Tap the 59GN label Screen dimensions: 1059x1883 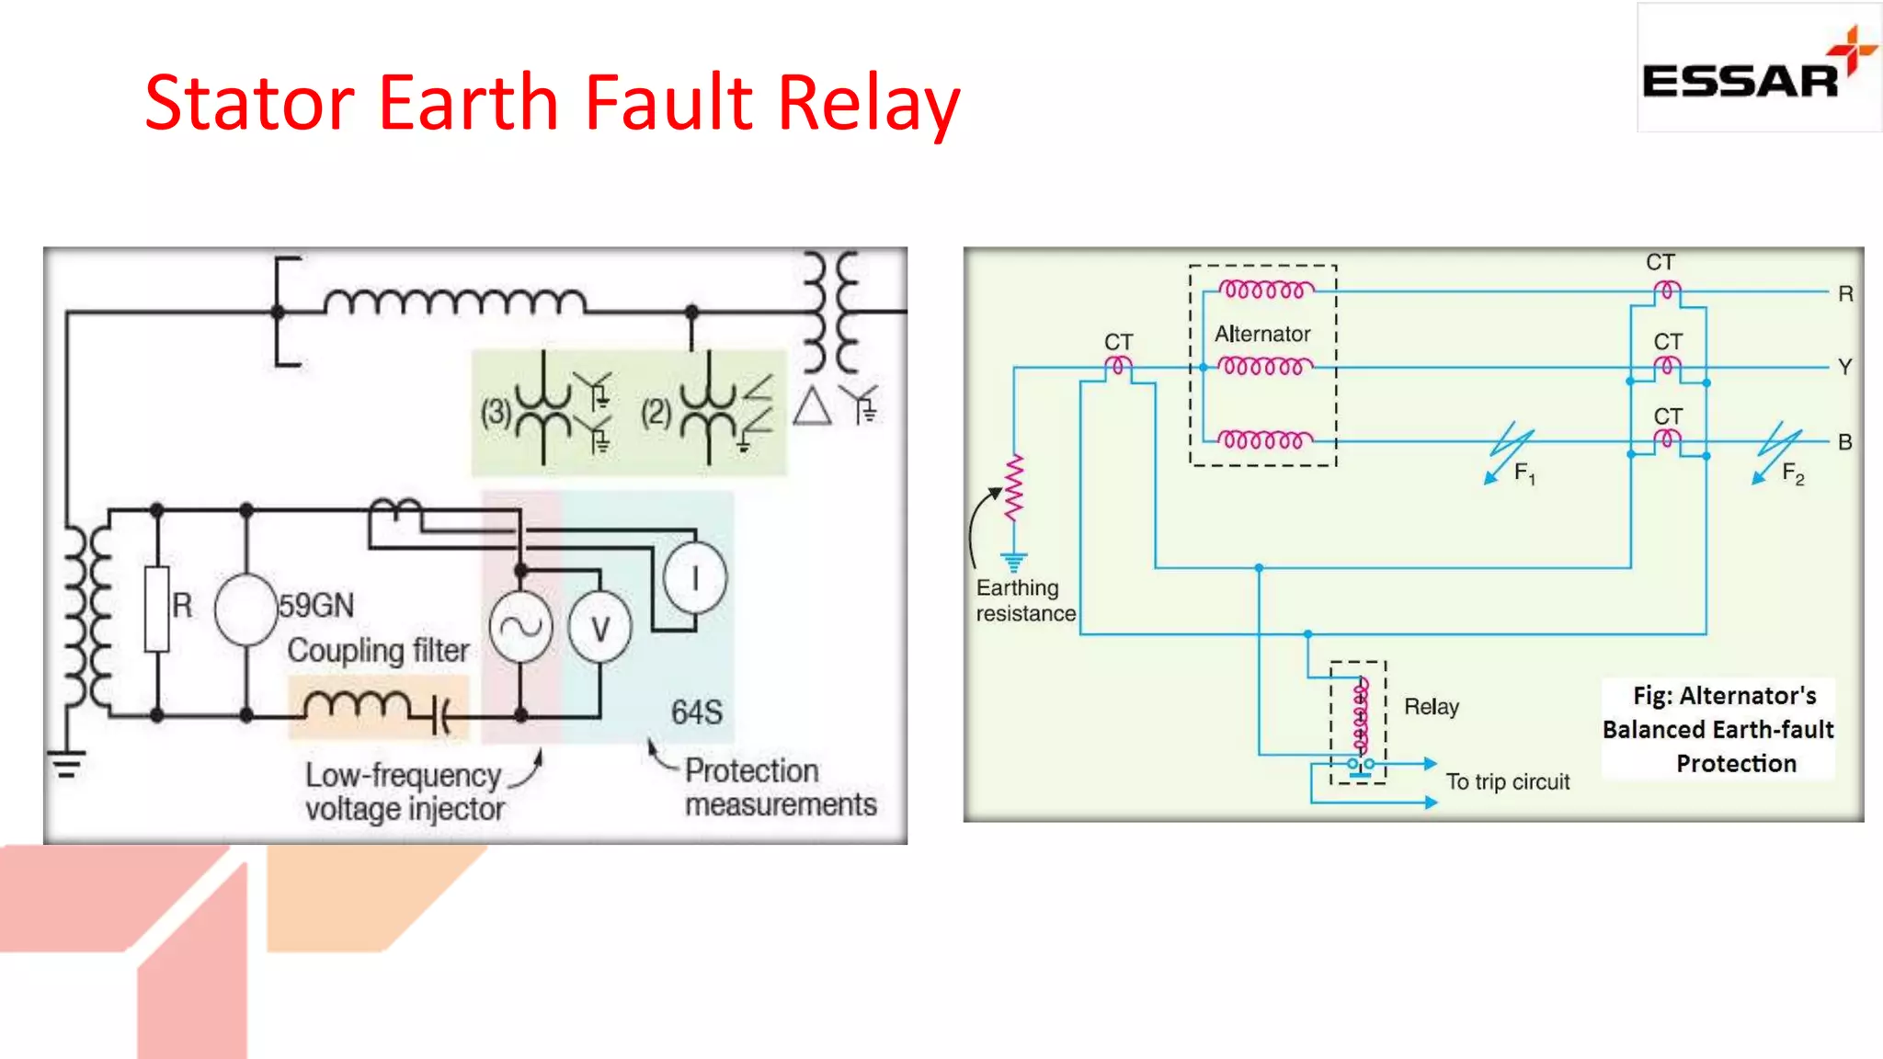click(x=315, y=606)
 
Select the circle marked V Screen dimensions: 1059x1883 click(x=599, y=629)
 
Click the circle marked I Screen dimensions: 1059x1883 click(x=695, y=579)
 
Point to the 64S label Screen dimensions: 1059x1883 click(x=696, y=712)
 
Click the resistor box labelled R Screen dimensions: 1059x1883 click(x=157, y=609)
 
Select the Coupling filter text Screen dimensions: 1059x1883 click(x=378, y=650)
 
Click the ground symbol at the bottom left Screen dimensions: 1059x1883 click(x=66, y=763)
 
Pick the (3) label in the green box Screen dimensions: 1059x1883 click(x=496, y=412)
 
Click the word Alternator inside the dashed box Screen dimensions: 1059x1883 click(x=1262, y=334)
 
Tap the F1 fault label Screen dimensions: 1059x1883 click(x=1524, y=473)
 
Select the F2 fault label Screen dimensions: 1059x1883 click(x=1792, y=473)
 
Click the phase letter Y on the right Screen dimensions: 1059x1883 click(x=1844, y=367)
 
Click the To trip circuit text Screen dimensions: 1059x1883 click(x=1508, y=781)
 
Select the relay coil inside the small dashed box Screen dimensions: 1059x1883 click(x=1361, y=715)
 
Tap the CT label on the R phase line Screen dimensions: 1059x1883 click(x=1660, y=263)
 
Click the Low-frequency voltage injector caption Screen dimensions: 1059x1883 click(x=405, y=791)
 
